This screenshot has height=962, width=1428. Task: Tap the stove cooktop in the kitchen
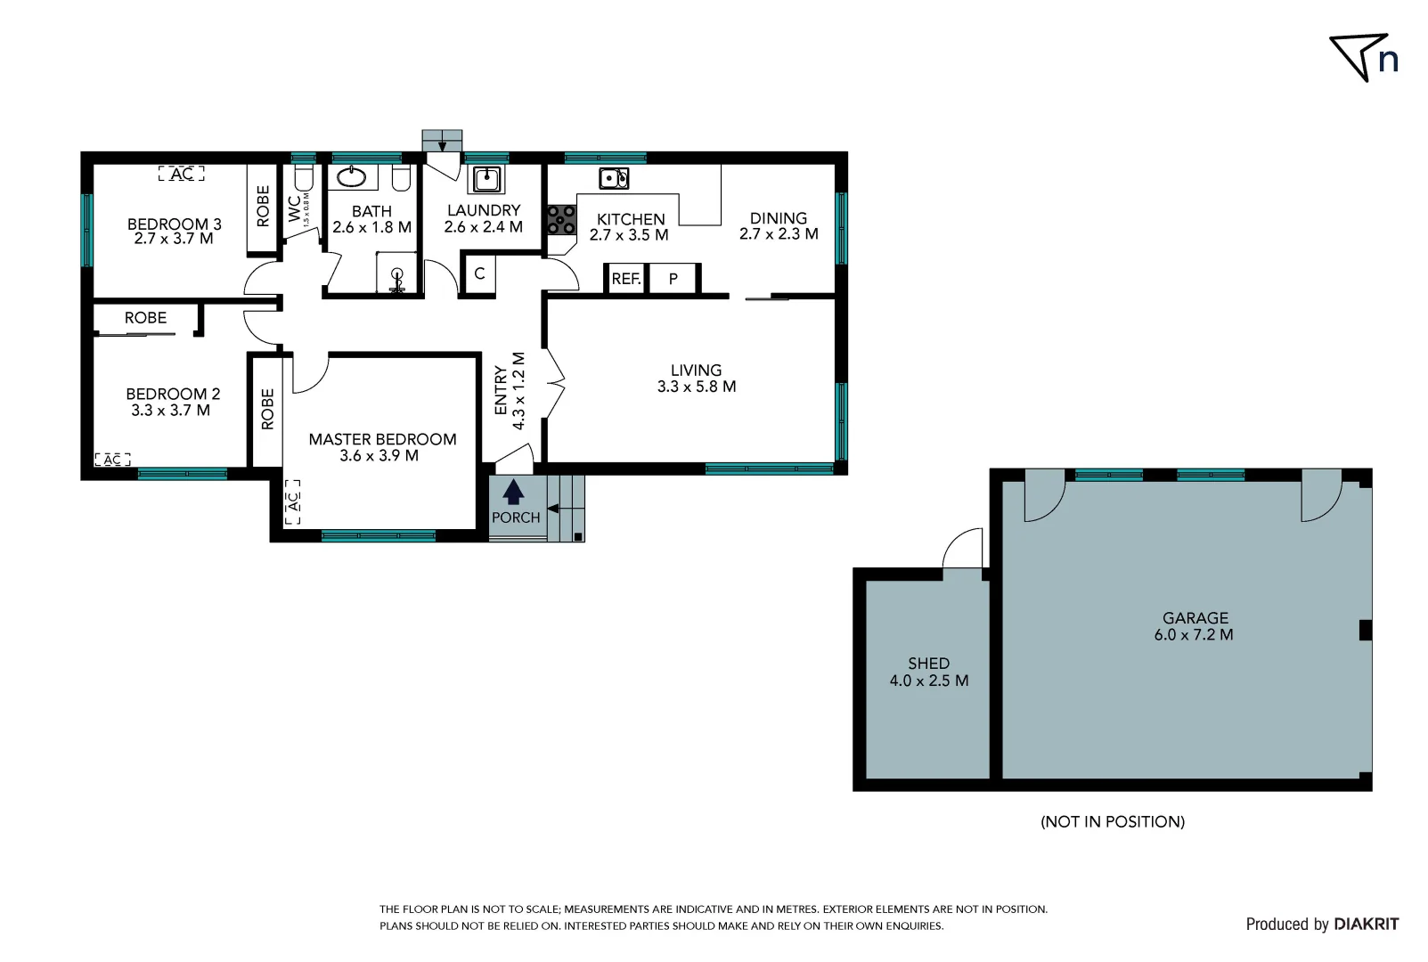561,220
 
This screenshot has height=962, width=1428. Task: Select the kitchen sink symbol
614,178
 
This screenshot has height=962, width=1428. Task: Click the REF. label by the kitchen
626,279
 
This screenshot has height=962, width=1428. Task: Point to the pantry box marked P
673,279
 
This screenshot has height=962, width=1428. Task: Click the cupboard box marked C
479,273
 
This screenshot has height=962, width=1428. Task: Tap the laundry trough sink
486,179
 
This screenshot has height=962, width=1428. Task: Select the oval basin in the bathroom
351,176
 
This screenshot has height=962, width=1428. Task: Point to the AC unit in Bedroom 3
182,174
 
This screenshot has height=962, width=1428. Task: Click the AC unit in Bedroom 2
112,460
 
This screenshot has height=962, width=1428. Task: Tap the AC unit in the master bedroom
293,501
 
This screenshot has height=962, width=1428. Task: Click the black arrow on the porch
513,493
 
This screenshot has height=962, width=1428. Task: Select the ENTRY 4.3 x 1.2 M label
510,392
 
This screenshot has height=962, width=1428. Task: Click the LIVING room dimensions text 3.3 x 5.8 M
697,387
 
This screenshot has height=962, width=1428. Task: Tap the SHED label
928,664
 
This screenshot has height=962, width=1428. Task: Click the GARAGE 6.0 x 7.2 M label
1195,626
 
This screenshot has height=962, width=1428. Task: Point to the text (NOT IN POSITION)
1113,821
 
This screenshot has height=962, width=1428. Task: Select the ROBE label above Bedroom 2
145,318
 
